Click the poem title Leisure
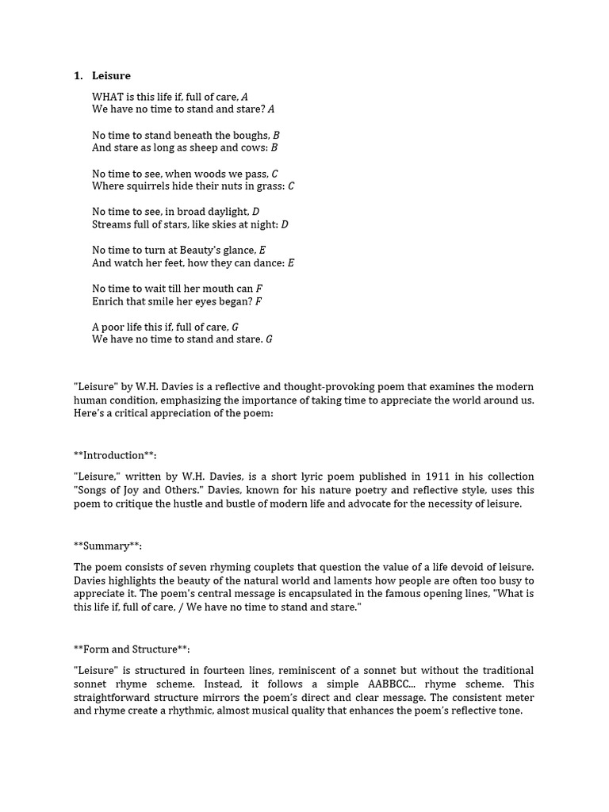click(111, 75)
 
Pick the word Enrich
click(108, 301)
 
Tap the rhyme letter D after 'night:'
click(285, 224)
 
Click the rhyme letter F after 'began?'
click(259, 301)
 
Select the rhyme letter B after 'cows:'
click(274, 147)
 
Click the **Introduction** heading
click(115, 455)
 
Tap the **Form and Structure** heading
click(132, 649)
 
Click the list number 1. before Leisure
click(78, 75)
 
